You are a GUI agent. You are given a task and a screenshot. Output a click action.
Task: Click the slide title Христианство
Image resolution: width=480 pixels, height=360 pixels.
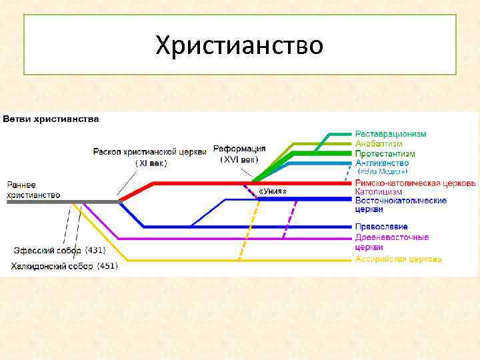239,45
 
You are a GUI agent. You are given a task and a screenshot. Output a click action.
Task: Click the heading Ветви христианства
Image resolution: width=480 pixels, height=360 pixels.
51,119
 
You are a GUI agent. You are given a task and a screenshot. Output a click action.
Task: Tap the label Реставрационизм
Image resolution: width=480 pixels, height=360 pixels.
390,134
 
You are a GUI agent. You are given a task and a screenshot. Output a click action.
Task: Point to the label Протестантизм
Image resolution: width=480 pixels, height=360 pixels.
385,153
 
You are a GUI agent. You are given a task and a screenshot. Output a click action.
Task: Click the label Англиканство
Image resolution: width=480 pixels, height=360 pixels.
382,163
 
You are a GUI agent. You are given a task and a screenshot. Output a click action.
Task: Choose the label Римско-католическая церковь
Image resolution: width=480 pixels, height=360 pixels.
415,183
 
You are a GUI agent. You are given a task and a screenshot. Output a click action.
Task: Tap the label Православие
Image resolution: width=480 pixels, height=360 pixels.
381,227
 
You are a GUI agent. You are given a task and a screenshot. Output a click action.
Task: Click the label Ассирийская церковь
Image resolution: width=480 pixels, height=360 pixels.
398,259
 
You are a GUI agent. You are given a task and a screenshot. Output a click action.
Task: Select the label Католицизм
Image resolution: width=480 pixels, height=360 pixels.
378,191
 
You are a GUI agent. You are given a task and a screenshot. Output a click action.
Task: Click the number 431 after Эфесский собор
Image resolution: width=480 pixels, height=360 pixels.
95,251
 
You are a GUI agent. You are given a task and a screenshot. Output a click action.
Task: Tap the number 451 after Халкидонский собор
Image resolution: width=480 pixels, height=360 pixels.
107,266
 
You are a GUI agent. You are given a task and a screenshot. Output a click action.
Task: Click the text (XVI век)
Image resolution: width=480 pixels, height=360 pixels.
239,160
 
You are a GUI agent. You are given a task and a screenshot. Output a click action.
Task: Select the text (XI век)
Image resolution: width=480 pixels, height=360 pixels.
151,163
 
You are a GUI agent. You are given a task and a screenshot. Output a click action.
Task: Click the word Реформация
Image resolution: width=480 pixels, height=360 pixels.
239,149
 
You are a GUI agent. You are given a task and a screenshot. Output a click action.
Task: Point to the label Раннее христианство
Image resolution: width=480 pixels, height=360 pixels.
33,189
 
